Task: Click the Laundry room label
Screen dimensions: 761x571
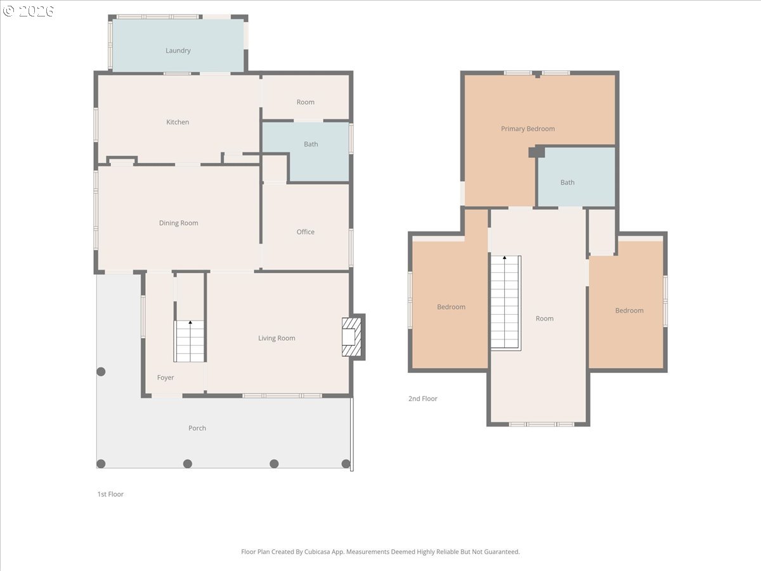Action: click(x=178, y=51)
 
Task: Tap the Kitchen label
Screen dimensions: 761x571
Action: click(x=178, y=122)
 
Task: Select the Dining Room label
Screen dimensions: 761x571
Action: click(x=179, y=223)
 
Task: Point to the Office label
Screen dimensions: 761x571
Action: click(x=306, y=232)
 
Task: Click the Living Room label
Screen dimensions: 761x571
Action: click(x=276, y=338)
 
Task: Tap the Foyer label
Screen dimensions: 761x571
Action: click(x=166, y=377)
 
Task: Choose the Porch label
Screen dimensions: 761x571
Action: click(x=197, y=428)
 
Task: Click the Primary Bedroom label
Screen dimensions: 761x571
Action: click(x=528, y=129)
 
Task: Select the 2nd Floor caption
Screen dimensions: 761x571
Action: click(x=422, y=398)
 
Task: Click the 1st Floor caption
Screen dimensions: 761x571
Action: click(x=110, y=494)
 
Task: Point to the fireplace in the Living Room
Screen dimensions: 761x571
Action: click(x=352, y=337)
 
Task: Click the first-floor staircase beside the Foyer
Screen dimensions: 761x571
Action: click(x=190, y=341)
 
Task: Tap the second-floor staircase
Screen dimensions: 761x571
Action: click(x=506, y=303)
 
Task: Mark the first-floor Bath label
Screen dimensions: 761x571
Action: click(x=311, y=144)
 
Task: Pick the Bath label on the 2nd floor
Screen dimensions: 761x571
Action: click(x=567, y=182)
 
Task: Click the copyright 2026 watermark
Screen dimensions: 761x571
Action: click(x=28, y=11)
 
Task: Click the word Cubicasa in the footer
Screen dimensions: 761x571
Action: click(x=317, y=551)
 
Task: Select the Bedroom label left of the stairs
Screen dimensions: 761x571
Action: click(x=451, y=307)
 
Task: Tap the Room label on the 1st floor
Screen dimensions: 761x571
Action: click(x=306, y=102)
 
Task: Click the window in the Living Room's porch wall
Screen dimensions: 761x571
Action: click(x=282, y=395)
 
